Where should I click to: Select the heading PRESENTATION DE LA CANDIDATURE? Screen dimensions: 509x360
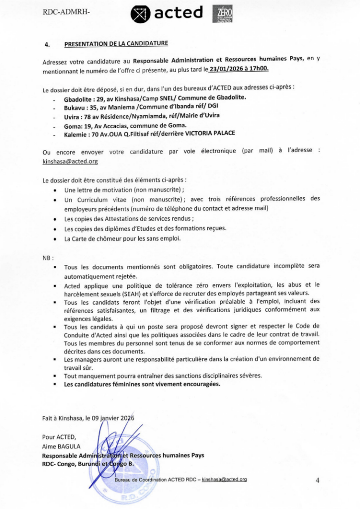pos(116,44)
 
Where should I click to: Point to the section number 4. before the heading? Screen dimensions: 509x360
pos(47,44)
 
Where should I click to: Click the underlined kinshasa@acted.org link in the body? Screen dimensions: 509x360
pos(70,161)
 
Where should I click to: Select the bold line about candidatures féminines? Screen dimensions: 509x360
pos(142,384)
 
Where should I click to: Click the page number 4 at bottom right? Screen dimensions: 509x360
pos(317,480)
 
